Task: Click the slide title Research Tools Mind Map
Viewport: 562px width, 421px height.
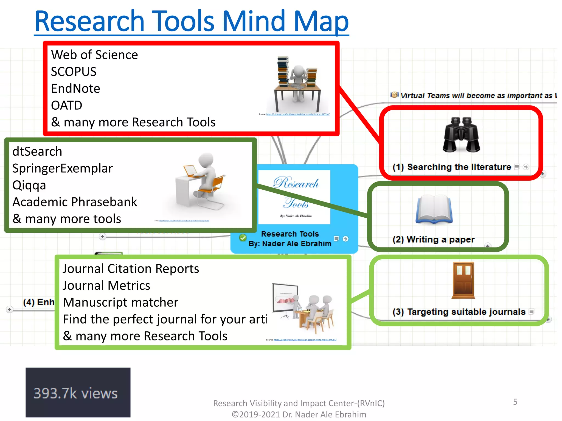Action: coord(192,21)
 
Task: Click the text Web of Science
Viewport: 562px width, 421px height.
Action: coord(94,55)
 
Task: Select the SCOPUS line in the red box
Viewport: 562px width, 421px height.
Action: coord(74,72)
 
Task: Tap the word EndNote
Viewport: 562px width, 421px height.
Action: coord(75,89)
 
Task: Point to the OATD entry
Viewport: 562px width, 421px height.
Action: coord(66,106)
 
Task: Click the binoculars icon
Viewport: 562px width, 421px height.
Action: coord(461,135)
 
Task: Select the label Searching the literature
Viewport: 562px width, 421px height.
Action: coord(459,167)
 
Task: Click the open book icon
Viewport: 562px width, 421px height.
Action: coord(434,209)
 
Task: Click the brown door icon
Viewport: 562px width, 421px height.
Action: coord(463,280)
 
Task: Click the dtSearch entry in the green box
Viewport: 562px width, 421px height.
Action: coord(37,152)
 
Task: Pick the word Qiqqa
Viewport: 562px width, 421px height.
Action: coord(29,185)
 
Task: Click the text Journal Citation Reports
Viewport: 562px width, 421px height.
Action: coord(131,269)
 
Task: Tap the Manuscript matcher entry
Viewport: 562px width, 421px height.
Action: coord(120,303)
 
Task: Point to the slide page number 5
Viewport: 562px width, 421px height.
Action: coord(515,402)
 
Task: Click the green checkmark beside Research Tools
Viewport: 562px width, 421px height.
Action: coord(243,237)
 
